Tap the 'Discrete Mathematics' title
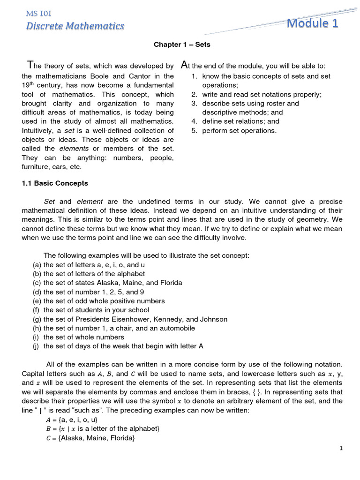point(75,26)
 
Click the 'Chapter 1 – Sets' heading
point(182,45)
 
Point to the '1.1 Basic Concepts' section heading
point(55,183)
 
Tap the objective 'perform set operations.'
point(239,130)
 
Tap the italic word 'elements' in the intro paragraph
point(75,149)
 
